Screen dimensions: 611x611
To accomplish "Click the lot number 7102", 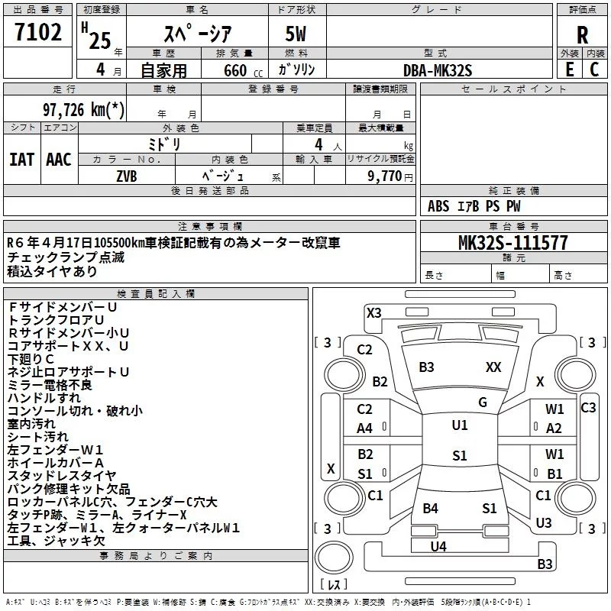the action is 38,32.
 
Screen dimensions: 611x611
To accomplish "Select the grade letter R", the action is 582,35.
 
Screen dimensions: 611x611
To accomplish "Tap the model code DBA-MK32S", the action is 438,70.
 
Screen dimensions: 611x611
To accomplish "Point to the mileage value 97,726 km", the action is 83,109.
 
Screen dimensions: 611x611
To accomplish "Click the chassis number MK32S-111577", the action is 513,242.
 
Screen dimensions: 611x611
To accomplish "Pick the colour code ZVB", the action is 127,176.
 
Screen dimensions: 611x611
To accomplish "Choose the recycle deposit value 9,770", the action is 384,176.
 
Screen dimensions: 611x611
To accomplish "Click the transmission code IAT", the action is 21,160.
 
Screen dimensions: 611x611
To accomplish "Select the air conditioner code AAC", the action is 59,160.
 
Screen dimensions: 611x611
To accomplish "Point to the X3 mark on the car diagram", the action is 373,313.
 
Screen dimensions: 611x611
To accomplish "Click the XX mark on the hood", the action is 493,367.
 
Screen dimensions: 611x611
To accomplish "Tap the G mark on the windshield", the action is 483,402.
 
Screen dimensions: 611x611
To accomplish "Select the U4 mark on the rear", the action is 438,546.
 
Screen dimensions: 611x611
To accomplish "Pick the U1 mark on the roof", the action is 460,425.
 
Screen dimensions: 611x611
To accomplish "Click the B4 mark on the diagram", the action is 430,508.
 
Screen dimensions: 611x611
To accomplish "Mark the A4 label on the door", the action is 365,428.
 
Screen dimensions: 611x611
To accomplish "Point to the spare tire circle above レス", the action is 334,558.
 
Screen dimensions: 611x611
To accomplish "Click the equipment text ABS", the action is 438,206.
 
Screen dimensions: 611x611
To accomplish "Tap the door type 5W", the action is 296,34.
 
